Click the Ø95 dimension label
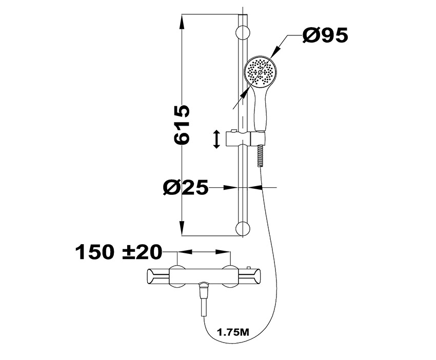tap(325, 35)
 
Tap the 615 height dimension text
tap(182, 125)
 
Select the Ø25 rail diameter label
tap(186, 187)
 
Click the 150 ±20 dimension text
tap(118, 252)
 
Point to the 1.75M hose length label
tap(233, 332)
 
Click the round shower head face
tap(260, 72)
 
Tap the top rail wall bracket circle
tap(243, 33)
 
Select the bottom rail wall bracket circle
tap(243, 229)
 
